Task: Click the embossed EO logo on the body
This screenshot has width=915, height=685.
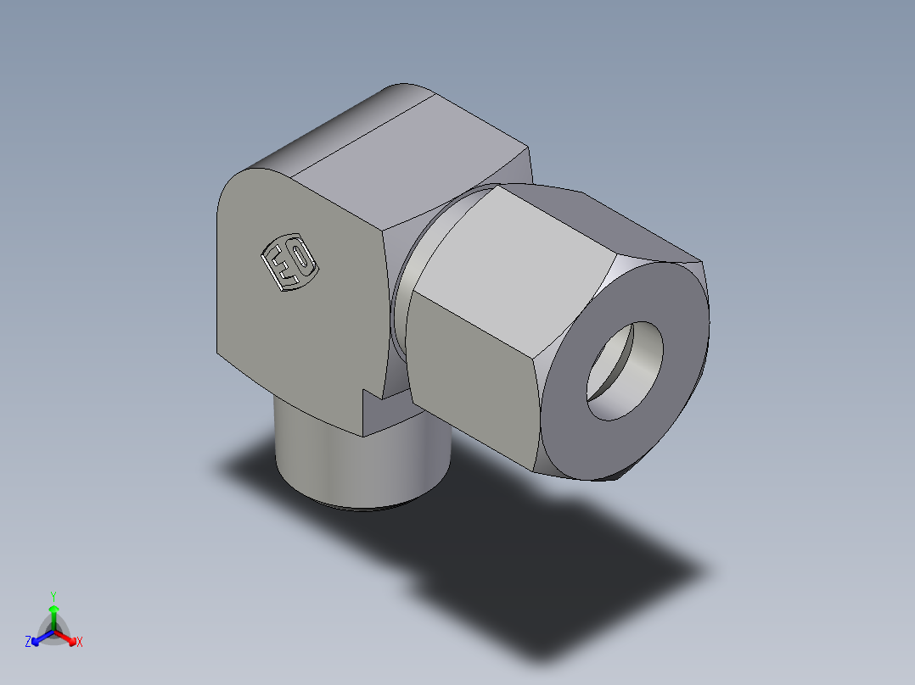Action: click(289, 263)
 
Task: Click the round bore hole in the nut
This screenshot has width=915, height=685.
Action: click(624, 370)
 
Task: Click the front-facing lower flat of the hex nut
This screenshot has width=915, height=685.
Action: click(471, 373)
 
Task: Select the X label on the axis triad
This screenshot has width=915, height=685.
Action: click(80, 643)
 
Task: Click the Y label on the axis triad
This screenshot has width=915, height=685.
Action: click(53, 596)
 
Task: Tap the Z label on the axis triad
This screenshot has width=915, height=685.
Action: click(28, 643)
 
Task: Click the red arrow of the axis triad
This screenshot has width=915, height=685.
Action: click(67, 637)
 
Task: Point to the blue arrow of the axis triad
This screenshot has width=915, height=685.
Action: click(40, 638)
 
